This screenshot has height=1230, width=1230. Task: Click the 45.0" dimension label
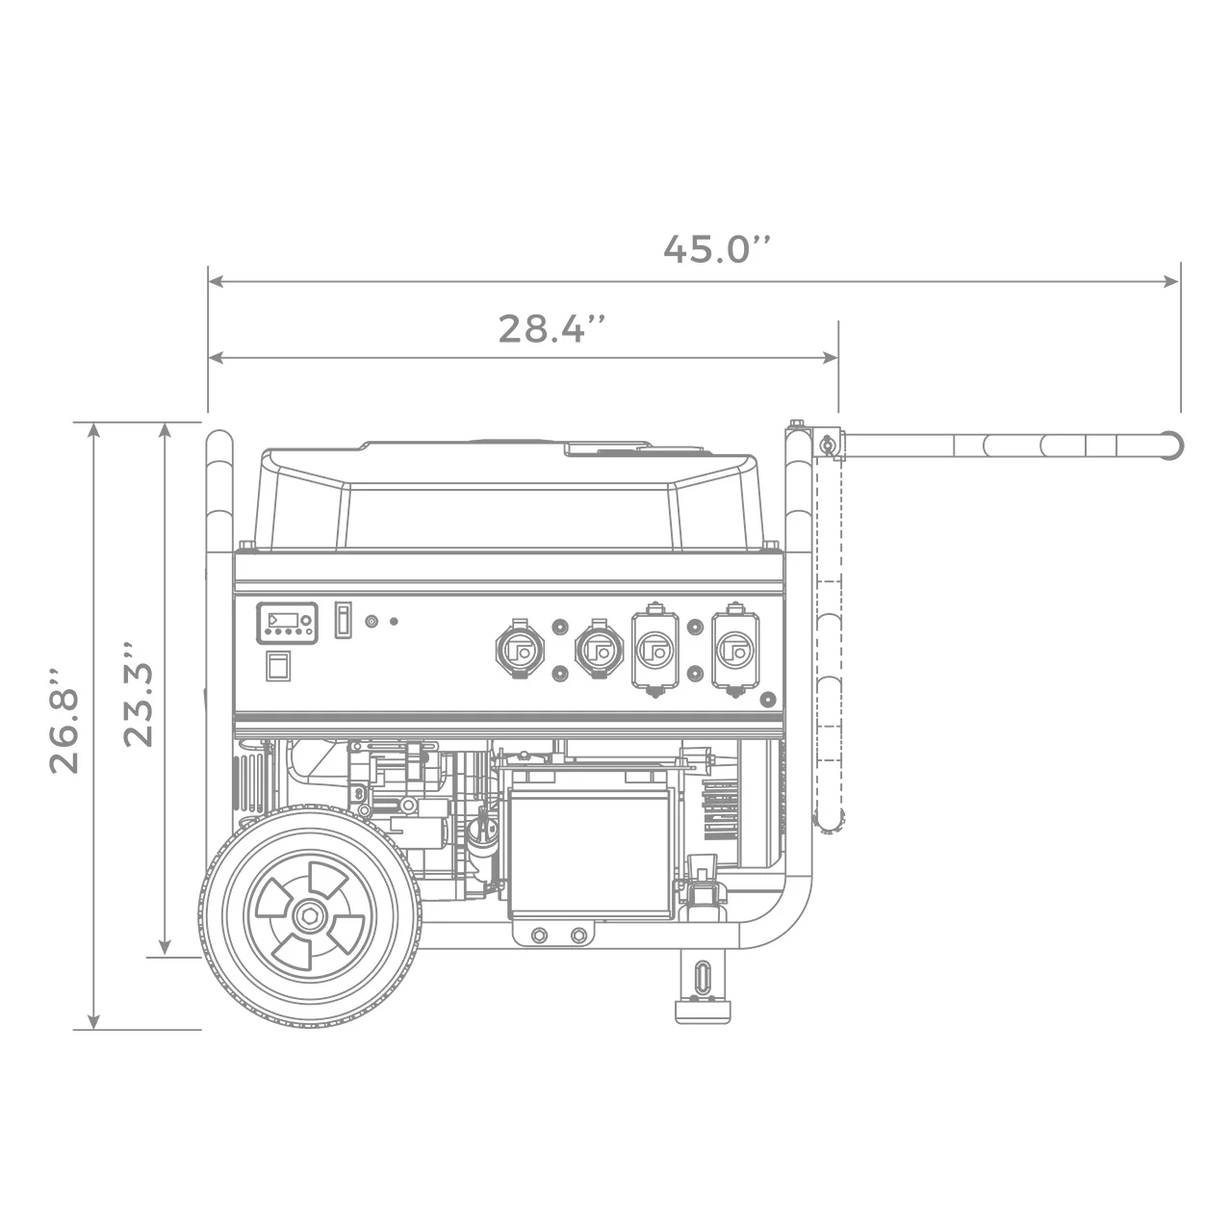pos(717,248)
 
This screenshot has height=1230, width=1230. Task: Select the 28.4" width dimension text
pos(552,328)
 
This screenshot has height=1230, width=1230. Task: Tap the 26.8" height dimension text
pos(65,717)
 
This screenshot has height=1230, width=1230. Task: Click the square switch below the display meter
pos(278,666)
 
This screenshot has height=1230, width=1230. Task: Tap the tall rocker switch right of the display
pos(341,622)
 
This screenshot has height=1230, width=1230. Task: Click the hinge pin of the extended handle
pos(825,444)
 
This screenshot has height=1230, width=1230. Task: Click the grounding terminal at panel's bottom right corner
pos(767,699)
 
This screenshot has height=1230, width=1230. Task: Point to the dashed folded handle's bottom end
pos(829,820)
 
